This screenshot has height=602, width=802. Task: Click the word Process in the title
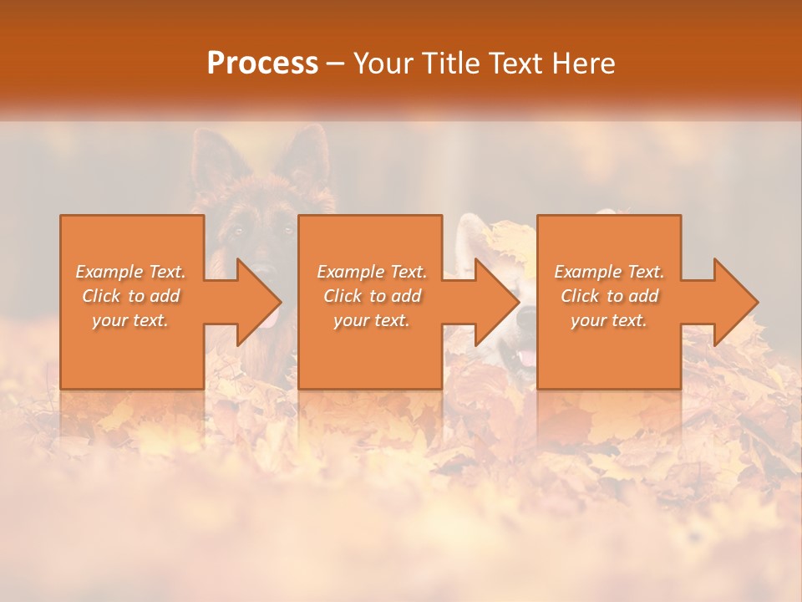(262, 64)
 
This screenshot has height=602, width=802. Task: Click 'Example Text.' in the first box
(130, 272)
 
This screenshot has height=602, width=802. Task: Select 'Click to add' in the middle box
(372, 296)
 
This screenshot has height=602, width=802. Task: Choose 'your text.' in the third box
(608, 320)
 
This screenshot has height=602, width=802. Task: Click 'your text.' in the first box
(130, 320)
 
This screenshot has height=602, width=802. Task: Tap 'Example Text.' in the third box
(609, 272)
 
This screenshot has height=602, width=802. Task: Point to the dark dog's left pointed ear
(210, 155)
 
